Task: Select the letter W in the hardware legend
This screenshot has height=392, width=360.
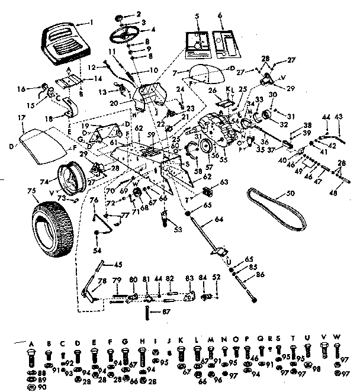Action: (x=336, y=338)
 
